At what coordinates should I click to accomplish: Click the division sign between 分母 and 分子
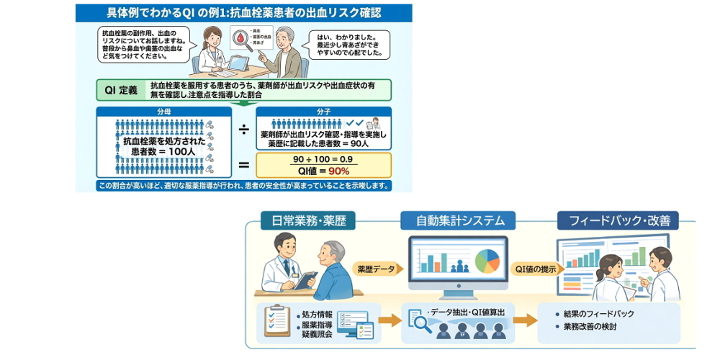(x=243, y=130)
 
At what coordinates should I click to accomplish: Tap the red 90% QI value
(x=338, y=171)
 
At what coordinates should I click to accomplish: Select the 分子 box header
(x=323, y=113)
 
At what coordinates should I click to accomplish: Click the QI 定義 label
(x=120, y=90)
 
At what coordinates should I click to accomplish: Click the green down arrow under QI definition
(x=244, y=103)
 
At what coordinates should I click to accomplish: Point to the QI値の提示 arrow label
(x=534, y=269)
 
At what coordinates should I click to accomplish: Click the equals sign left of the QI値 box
(x=243, y=165)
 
